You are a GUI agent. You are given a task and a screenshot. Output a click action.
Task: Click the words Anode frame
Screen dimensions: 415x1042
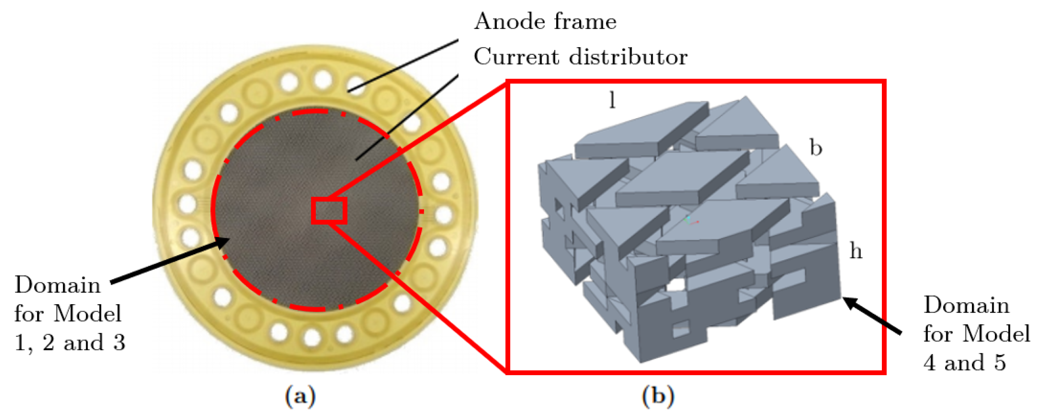(545, 21)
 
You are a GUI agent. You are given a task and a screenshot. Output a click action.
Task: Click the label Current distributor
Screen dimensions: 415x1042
(580, 57)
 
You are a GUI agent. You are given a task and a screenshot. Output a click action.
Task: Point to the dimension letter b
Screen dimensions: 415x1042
(816, 147)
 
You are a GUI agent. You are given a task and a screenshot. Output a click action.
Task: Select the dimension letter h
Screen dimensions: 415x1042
(855, 251)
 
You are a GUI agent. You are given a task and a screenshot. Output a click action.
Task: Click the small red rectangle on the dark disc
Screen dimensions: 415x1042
(329, 210)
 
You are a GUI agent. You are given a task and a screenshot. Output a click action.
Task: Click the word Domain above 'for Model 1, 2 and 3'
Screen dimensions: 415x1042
(57, 285)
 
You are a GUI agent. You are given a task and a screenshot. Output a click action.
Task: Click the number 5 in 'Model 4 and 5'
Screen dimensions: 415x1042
(1000, 362)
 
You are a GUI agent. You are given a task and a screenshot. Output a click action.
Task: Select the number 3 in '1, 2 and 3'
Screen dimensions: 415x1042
(119, 343)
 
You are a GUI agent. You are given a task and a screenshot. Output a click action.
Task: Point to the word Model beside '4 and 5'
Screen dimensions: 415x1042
(996, 334)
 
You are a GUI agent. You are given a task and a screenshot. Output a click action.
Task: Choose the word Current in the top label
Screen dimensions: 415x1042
(516, 57)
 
